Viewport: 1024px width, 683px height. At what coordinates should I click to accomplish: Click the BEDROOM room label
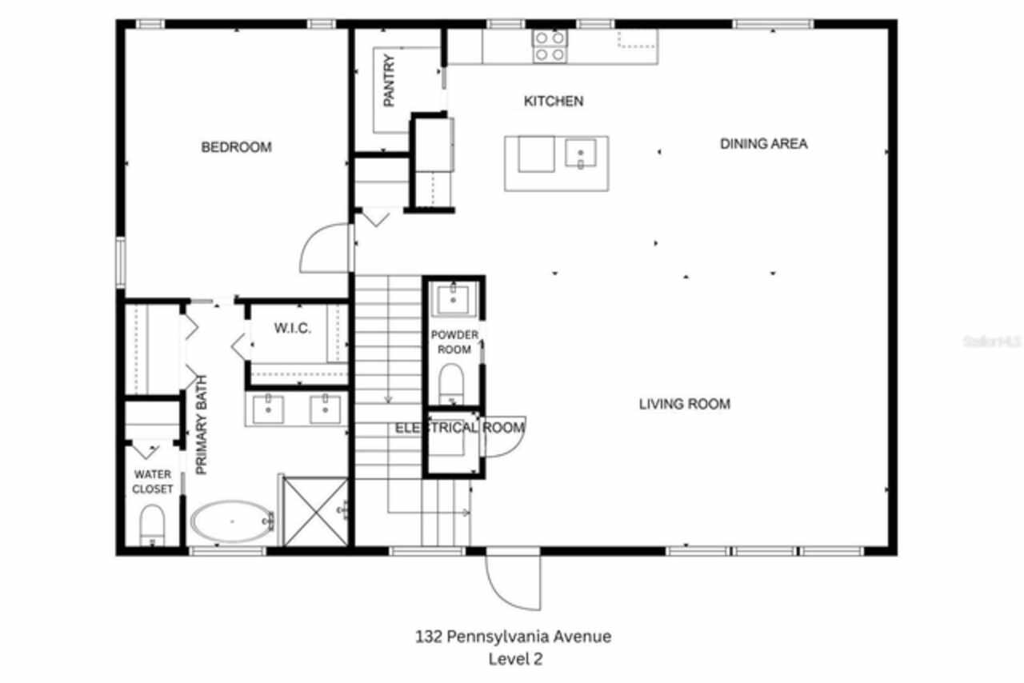pos(236,147)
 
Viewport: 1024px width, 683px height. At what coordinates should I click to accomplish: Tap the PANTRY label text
pos(390,81)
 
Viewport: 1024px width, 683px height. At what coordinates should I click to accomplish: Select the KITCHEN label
pos(553,102)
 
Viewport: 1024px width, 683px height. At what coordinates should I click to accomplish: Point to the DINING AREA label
pos(763,144)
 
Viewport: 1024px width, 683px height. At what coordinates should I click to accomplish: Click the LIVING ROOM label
pos(684,405)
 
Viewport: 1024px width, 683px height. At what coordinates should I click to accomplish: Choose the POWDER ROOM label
pos(454,341)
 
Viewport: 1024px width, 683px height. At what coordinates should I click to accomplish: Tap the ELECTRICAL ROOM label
pos(460,428)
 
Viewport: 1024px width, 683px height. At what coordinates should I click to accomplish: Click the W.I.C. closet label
pos(293,329)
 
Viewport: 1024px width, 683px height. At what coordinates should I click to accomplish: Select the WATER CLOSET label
pos(152,481)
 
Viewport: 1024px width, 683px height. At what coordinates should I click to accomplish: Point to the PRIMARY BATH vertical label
pos(202,425)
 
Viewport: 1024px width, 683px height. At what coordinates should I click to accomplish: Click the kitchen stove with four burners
pos(550,46)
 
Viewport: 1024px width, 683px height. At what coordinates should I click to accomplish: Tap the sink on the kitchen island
pos(579,153)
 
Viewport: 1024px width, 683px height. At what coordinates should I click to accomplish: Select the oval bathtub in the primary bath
pos(232,521)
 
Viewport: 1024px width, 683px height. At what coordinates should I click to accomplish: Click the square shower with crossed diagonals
pos(315,512)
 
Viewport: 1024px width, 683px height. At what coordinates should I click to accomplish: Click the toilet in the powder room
pos(452,383)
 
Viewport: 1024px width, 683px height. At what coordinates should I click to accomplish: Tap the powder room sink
pos(454,299)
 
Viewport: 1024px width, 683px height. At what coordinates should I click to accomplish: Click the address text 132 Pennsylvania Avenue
pos(513,637)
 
